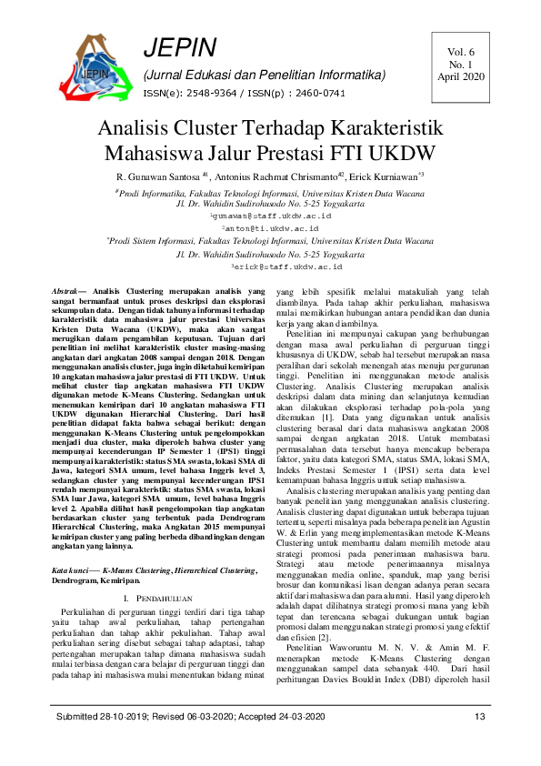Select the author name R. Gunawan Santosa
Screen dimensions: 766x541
point(157,175)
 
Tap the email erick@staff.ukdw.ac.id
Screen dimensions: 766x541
point(270,267)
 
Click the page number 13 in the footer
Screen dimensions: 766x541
point(480,744)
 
